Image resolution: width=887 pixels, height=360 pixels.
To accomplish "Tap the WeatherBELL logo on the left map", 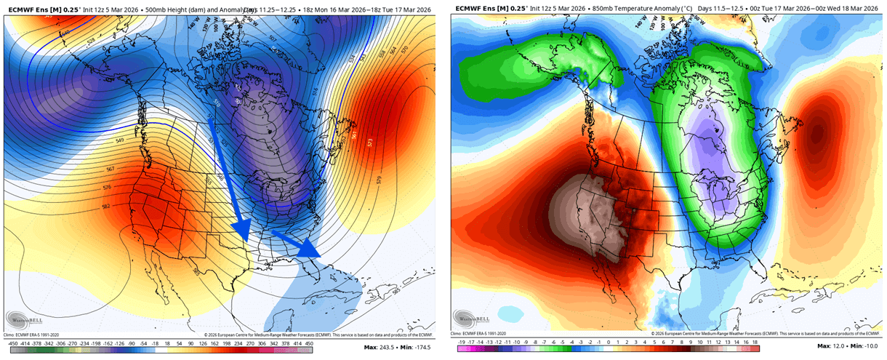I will (x=25, y=318).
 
